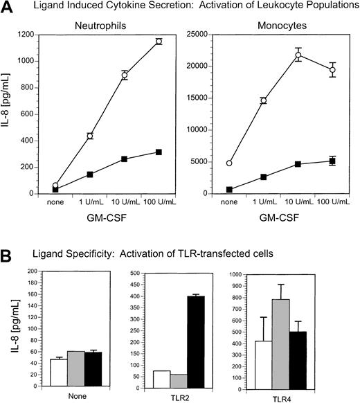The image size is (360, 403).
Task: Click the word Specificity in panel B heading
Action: pos(80,253)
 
